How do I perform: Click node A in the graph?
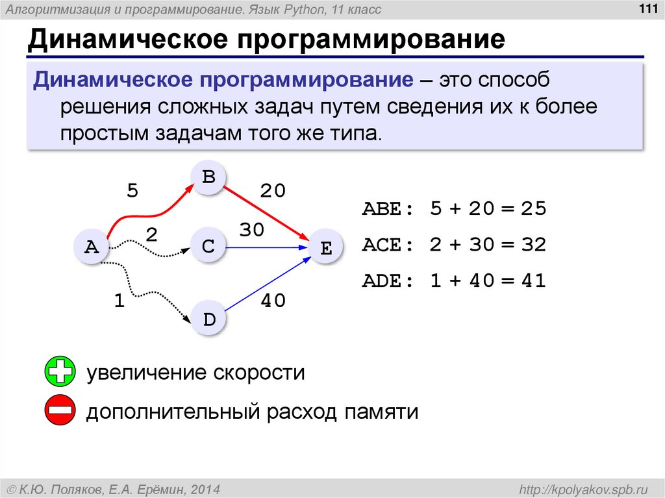pyautogui.click(x=92, y=247)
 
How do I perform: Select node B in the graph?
pyautogui.click(x=208, y=176)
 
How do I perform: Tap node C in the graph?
pyautogui.click(x=208, y=247)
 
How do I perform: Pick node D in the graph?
pyautogui.click(x=208, y=319)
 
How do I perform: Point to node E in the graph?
pyautogui.click(x=326, y=247)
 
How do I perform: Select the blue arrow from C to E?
pyautogui.click(x=266, y=247)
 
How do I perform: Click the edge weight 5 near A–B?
pyautogui.click(x=132, y=191)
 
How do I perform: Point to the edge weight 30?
pyautogui.click(x=252, y=230)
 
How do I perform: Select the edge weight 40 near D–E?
pyautogui.click(x=273, y=301)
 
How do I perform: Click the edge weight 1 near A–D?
pyautogui.click(x=118, y=301)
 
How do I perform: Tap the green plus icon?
pyautogui.click(x=60, y=373)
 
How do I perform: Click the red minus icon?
pyautogui.click(x=60, y=411)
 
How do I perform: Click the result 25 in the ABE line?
pyautogui.click(x=533, y=210)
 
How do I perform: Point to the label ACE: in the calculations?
pyautogui.click(x=388, y=245)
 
